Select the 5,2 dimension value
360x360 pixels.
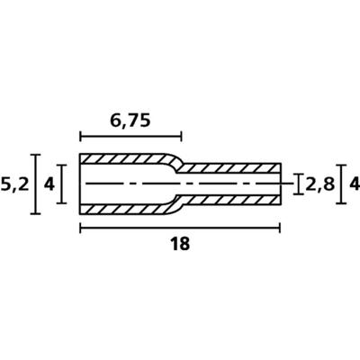[14, 184]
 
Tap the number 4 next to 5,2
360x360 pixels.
[50, 184]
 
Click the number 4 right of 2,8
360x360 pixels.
[354, 184]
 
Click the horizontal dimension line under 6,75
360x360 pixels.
[130, 136]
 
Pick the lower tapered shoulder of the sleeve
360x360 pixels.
[174, 205]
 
